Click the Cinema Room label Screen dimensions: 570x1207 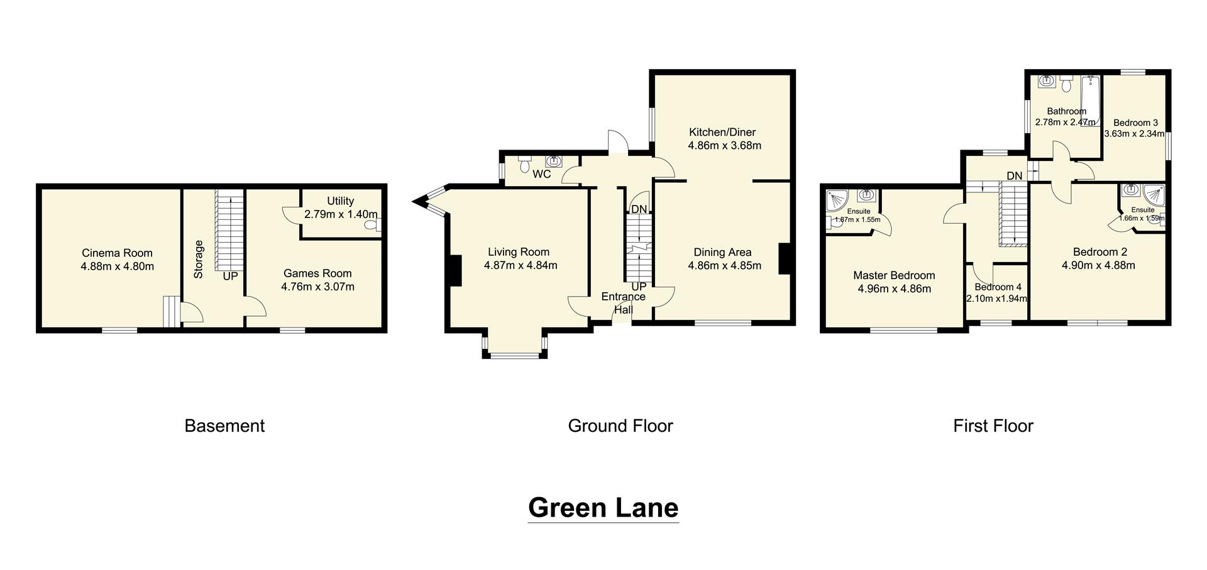coord(117,253)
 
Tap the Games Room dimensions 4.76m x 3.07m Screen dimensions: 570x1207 coord(317,287)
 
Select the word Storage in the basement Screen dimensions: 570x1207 coord(199,260)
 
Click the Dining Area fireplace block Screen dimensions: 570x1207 coord(784,258)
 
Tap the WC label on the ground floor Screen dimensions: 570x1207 coord(541,174)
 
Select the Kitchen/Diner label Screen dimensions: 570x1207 coord(722,132)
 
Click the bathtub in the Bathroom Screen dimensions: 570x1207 coord(1089,101)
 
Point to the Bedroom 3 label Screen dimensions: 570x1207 coord(1135,123)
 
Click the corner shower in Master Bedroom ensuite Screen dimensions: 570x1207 coord(839,201)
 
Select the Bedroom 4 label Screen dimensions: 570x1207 coord(998,287)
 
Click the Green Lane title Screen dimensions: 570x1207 coord(603,507)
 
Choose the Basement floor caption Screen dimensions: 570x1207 coord(224,426)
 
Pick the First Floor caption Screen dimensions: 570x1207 coord(993,426)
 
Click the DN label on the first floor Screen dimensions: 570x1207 coord(1014,176)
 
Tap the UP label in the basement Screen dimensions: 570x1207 coord(230,276)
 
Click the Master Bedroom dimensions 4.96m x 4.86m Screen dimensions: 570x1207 coord(894,289)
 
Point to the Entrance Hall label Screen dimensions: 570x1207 coord(623,303)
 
